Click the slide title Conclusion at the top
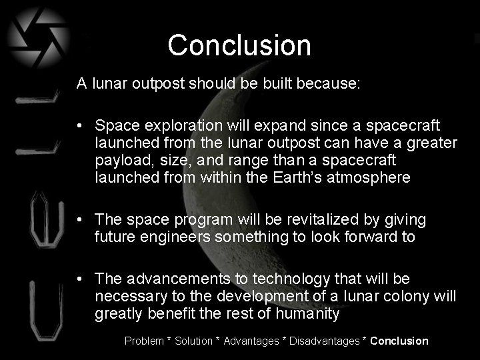click(239, 45)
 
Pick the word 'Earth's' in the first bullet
click(312, 178)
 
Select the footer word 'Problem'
click(144, 341)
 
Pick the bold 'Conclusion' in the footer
click(399, 341)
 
